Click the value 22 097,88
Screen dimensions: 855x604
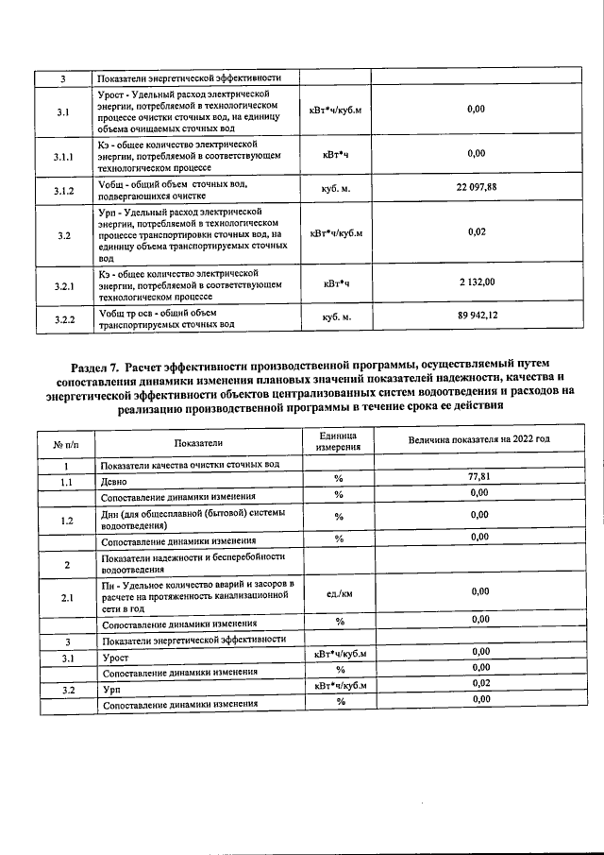pyautogui.click(x=476, y=188)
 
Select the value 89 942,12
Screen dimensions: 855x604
pyautogui.click(x=477, y=316)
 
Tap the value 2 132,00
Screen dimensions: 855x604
pyautogui.click(x=477, y=282)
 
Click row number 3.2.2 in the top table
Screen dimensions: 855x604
pyautogui.click(x=63, y=319)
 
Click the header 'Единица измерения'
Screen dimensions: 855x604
pyautogui.click(x=336, y=441)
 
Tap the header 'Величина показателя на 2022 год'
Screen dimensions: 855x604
pyautogui.click(x=478, y=440)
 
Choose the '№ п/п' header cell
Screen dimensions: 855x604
pyautogui.click(x=63, y=443)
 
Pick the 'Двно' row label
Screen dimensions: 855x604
pyautogui.click(x=113, y=481)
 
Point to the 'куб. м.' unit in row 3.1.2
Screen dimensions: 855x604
pyautogui.click(x=335, y=189)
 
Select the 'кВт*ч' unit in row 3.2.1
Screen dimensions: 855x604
pyautogui.click(x=336, y=282)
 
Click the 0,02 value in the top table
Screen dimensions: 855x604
pyautogui.click(x=477, y=232)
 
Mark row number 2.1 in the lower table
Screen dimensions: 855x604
pyautogui.click(x=67, y=597)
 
